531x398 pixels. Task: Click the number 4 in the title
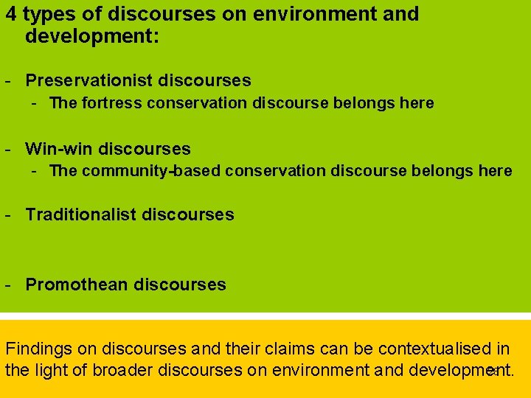(11, 14)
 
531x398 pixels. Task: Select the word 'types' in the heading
(47, 15)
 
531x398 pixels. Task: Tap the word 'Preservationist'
(89, 80)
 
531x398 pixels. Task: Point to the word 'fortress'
(113, 103)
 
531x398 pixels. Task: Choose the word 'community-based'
(153, 171)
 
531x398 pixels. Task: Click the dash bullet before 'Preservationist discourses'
(7, 80)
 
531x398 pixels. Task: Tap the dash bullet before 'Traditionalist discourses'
(7, 215)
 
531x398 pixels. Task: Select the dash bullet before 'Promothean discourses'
(7, 284)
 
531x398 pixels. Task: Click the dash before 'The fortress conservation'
(35, 103)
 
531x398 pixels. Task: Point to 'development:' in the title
(92, 35)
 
